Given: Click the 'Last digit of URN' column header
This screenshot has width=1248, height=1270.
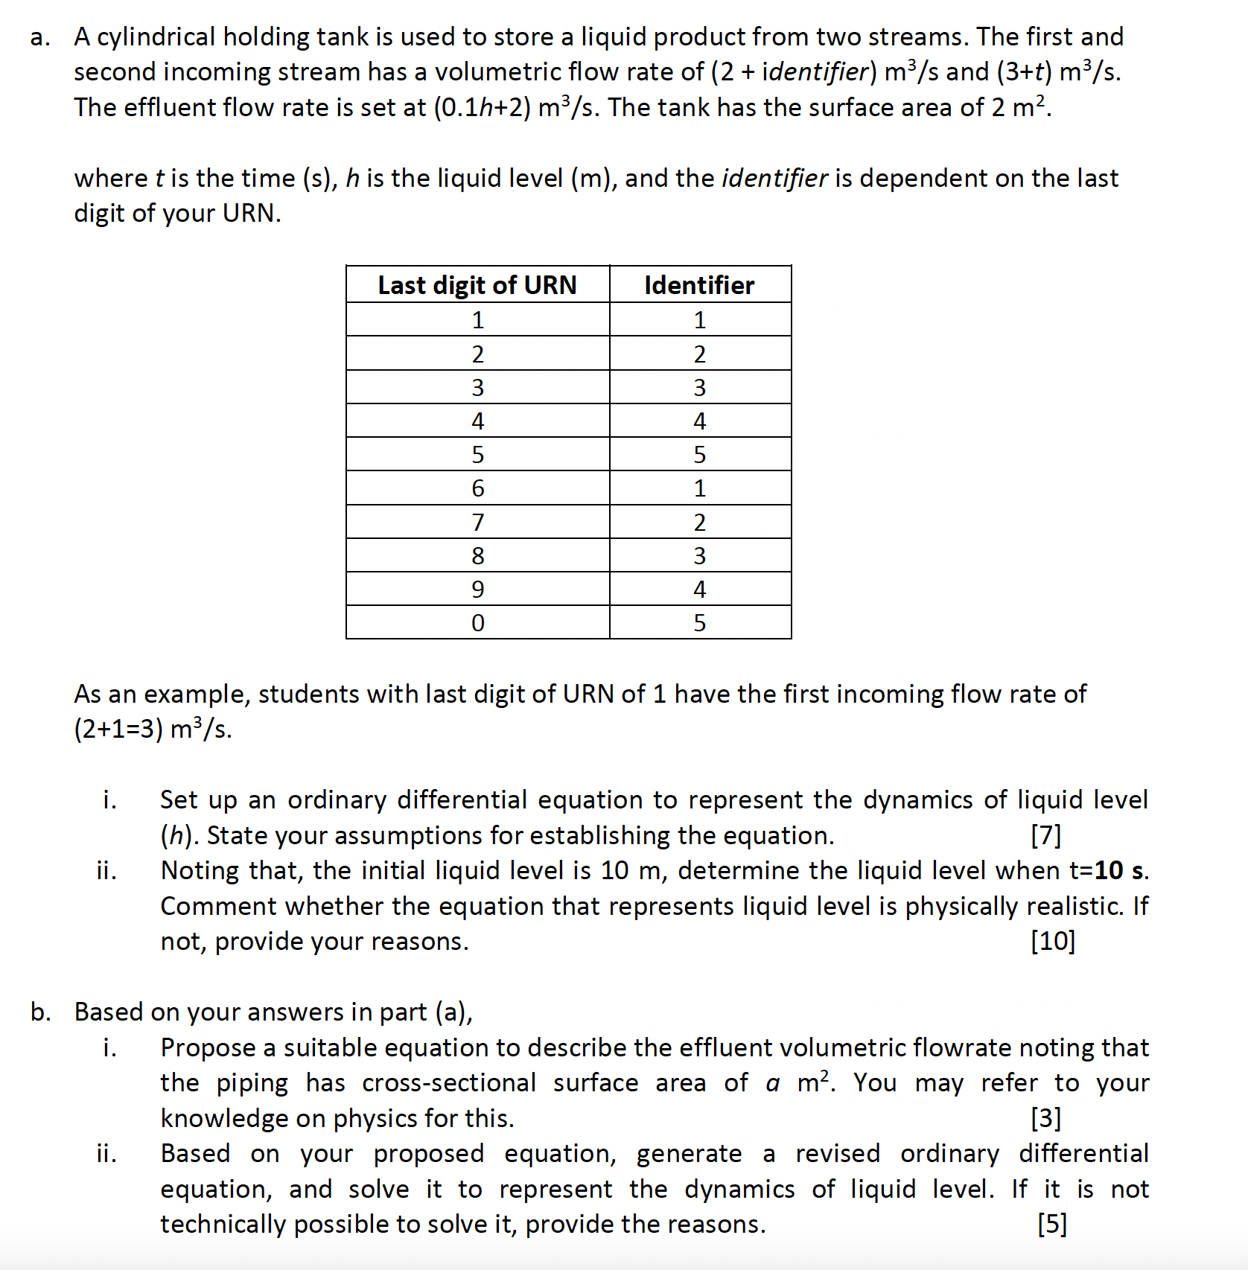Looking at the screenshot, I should pos(477,285).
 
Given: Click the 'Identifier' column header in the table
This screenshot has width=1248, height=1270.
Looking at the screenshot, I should pos(699,285).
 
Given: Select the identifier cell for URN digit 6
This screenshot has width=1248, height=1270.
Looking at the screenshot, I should pos(699,488).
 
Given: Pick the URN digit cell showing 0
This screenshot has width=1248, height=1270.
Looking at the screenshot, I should pos(477,622).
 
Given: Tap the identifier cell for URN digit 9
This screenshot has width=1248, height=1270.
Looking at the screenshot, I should pos(699,589).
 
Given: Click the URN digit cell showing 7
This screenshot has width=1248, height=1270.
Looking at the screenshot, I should pos(477,522).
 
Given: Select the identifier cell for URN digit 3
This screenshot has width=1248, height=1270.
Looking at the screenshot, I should pos(699,387).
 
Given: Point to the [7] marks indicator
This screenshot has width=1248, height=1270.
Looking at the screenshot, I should pos(1045,835).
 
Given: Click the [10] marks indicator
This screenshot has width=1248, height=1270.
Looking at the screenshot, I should pos(1052,941).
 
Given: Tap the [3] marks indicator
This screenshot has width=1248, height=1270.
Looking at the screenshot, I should pos(1045,1118).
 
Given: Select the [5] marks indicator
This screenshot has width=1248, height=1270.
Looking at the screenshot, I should pos(1051,1224).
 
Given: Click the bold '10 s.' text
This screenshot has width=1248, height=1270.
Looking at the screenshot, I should pos(1121,870).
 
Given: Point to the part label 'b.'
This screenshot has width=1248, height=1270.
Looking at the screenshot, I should pos(41,1012).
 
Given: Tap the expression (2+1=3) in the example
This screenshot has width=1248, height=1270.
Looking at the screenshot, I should pos(118,729).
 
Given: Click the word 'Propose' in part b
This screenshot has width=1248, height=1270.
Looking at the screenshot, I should pos(208,1047).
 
